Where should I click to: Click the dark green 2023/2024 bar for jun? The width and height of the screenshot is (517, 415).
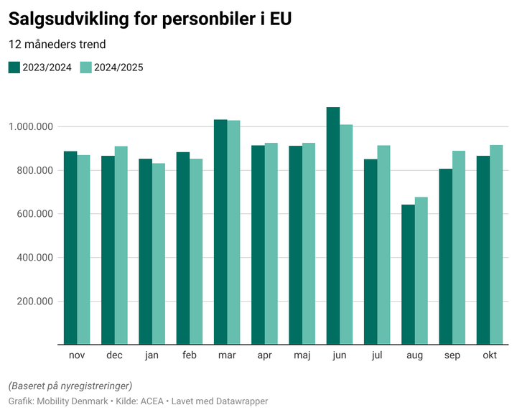(x=333, y=225)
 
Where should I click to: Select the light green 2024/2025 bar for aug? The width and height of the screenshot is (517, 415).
(x=421, y=271)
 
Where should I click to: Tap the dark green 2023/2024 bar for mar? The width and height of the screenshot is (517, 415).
(x=220, y=232)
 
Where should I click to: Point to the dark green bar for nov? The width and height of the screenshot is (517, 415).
(x=70, y=248)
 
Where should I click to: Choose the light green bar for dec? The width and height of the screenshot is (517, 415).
(x=121, y=246)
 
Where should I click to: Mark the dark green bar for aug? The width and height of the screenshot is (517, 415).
(x=408, y=274)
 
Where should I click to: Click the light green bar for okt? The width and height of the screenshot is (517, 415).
(x=496, y=245)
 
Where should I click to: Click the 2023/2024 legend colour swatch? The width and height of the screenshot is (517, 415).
(x=14, y=67)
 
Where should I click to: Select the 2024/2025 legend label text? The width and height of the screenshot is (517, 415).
(x=119, y=67)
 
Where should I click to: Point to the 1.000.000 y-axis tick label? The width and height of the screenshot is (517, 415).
(x=31, y=127)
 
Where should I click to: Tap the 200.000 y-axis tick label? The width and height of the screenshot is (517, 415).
(x=34, y=301)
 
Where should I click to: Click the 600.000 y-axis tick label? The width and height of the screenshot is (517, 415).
(x=34, y=214)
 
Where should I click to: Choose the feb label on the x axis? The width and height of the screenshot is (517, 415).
(x=190, y=355)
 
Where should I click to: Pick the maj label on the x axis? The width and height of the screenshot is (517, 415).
(x=302, y=355)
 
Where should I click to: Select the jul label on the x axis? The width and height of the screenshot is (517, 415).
(x=377, y=355)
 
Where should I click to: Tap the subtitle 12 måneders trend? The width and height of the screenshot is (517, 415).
(x=57, y=45)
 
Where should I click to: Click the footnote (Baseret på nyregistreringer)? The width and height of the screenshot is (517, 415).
(x=70, y=386)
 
